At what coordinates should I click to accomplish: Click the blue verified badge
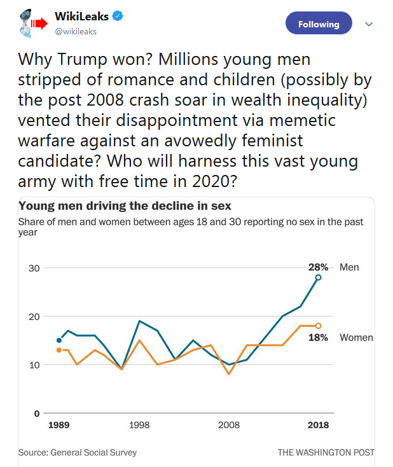[117, 17]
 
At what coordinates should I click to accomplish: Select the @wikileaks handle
[76, 31]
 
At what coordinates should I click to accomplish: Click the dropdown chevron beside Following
[368, 24]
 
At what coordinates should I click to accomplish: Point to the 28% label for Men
[318, 267]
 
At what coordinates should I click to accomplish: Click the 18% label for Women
[318, 337]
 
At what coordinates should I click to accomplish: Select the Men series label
[349, 267]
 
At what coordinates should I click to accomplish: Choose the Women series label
[356, 337]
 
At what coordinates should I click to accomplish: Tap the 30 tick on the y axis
[34, 268]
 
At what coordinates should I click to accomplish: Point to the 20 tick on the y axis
[34, 317]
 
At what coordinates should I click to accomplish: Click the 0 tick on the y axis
[36, 414]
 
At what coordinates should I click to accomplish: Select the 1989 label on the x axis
[59, 425]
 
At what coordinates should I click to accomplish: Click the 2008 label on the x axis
[229, 425]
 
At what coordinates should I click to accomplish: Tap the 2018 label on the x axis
[318, 425]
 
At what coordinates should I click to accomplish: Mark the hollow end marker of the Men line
[319, 277]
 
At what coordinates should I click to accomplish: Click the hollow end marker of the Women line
[319, 326]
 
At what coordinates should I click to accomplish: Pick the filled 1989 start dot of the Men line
[59, 340]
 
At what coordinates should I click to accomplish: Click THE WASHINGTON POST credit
[326, 452]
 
